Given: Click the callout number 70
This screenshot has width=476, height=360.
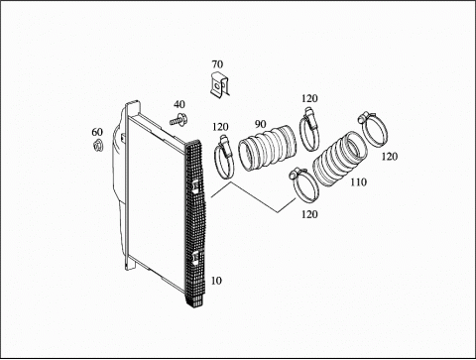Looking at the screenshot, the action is [x=217, y=64].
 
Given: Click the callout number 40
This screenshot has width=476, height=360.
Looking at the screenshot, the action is [x=179, y=104].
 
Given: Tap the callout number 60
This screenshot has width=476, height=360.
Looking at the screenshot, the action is [x=97, y=132].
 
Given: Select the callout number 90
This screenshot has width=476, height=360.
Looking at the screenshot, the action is [x=261, y=124].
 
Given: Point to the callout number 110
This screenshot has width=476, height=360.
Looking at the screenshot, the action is [x=359, y=182].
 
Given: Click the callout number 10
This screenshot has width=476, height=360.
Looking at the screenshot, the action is [x=216, y=281].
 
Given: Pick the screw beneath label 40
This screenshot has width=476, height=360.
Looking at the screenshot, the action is [x=178, y=119].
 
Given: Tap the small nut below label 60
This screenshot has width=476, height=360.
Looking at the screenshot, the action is [x=98, y=146].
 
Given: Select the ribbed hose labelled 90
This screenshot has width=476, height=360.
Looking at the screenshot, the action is [x=267, y=148].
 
